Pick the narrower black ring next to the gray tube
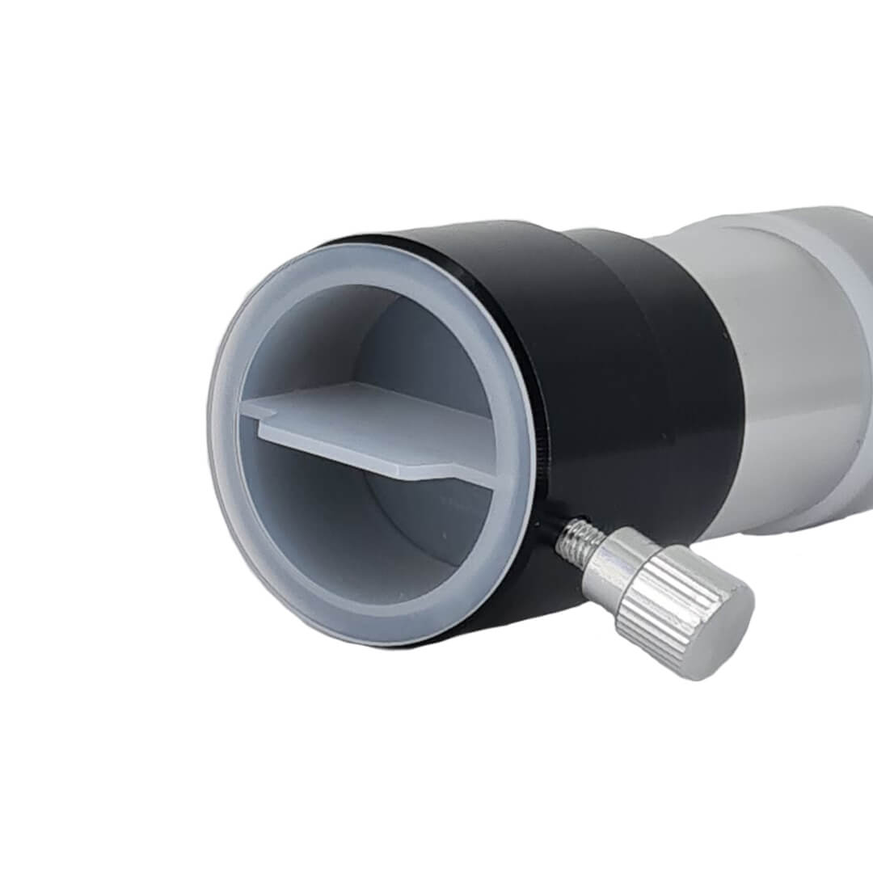(x=687, y=364)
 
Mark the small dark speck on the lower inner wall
(x=444, y=535)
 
